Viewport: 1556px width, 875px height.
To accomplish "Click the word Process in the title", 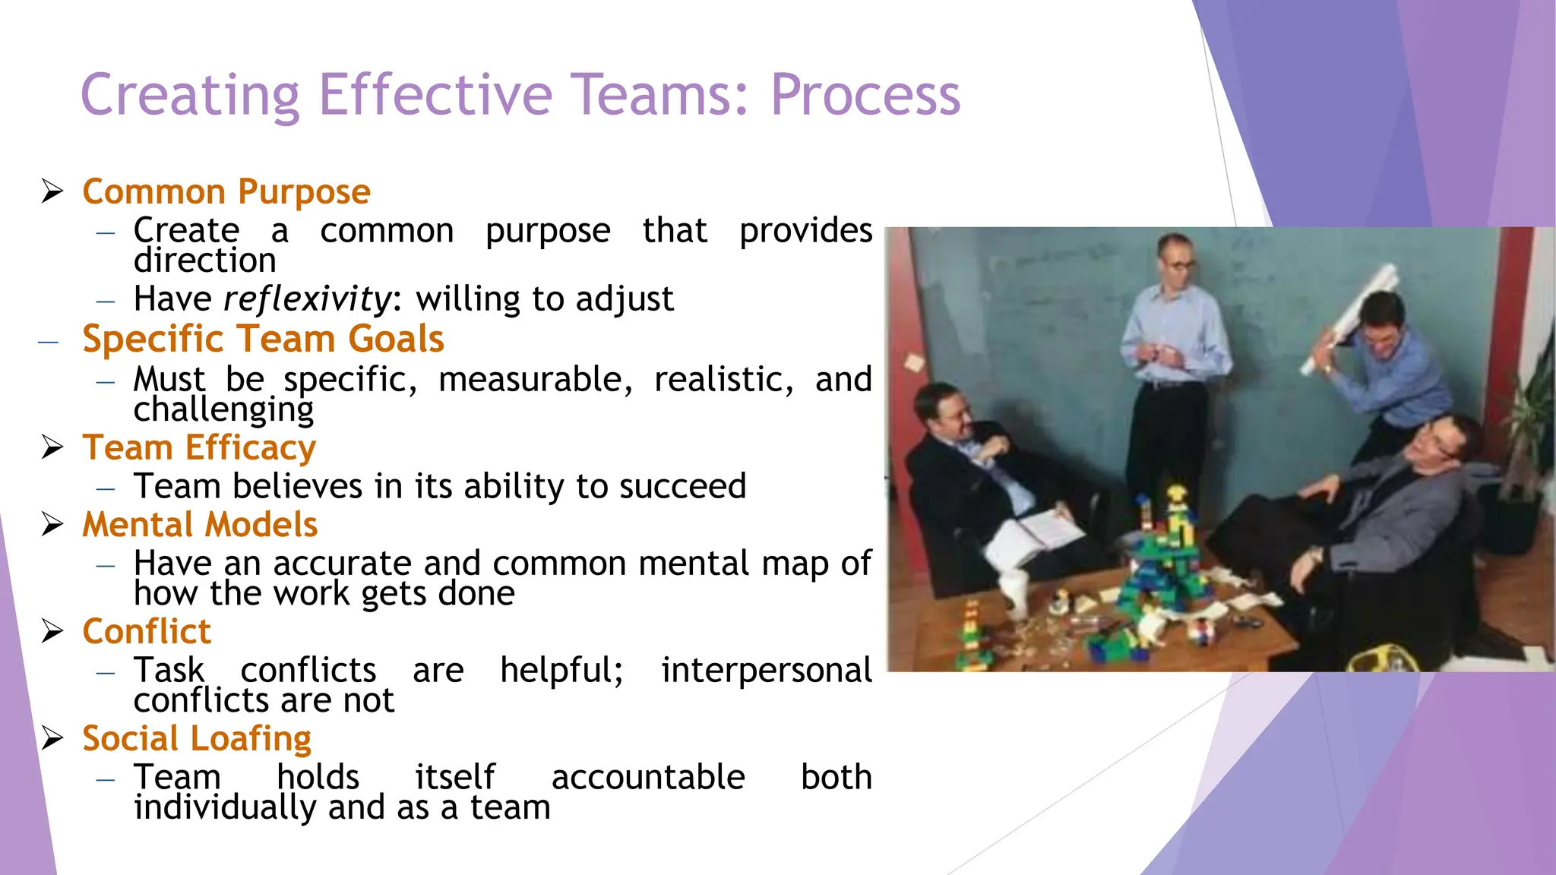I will pos(865,96).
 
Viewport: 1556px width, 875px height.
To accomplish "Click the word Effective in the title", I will pos(435,96).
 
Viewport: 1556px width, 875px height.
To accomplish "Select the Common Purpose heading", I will pos(226,191).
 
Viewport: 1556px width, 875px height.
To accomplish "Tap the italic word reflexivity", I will pos(307,299).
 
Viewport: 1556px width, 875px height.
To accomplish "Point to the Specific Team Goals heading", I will pos(263,339).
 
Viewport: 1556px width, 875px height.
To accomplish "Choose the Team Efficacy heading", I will pos(199,447).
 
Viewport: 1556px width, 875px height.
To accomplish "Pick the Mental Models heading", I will pos(200,525).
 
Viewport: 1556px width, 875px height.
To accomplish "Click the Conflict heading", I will pos(147,632).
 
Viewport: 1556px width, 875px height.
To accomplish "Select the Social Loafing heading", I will pos(197,739).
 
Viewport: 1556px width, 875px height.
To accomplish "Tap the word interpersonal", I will pos(766,671).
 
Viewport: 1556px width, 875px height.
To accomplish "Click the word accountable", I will pos(648,777).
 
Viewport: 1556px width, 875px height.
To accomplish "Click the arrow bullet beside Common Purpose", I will pos(52,191).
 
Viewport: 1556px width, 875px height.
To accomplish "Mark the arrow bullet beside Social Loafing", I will pos(52,738).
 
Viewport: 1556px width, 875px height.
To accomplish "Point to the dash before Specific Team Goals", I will pos(49,343).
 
